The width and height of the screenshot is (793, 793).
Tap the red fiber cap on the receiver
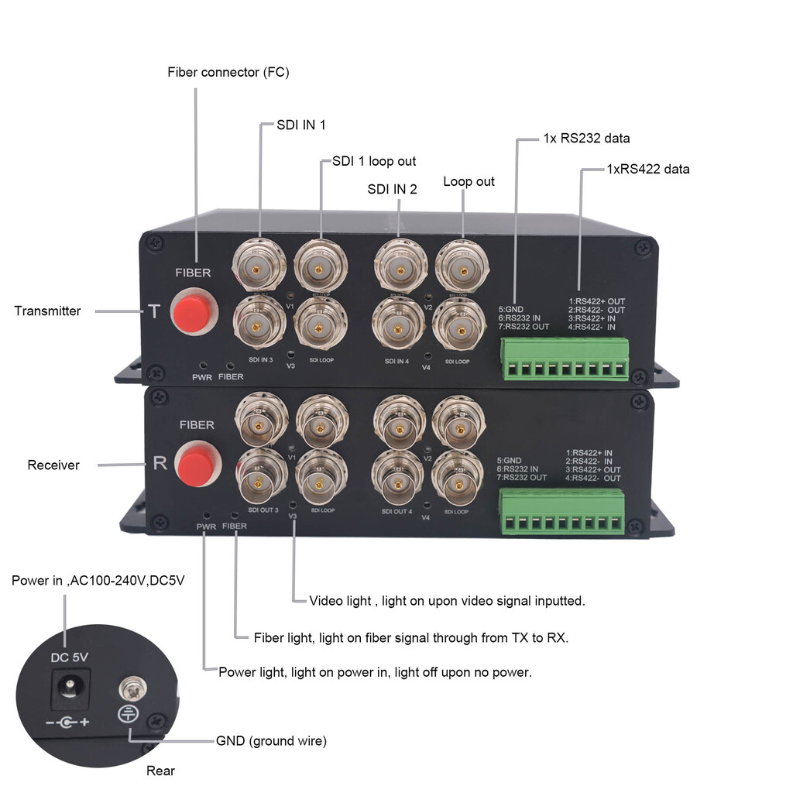tap(197, 464)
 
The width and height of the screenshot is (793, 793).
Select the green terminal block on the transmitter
tap(565, 359)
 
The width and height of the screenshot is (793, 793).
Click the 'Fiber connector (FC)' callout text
tap(228, 72)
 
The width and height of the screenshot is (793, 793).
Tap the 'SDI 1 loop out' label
tap(374, 161)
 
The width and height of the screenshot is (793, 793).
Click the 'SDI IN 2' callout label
tap(392, 188)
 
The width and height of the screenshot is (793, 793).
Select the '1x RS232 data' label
tap(586, 139)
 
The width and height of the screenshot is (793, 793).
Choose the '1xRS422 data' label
tap(647, 169)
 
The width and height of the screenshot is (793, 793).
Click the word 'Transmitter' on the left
tap(47, 311)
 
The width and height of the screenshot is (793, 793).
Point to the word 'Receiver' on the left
tap(53, 465)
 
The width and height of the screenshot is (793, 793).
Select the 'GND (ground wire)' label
tap(271, 741)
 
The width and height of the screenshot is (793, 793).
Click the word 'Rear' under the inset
tap(160, 771)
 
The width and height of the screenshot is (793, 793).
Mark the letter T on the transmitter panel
tap(153, 311)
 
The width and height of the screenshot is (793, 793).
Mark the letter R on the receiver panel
tap(160, 463)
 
